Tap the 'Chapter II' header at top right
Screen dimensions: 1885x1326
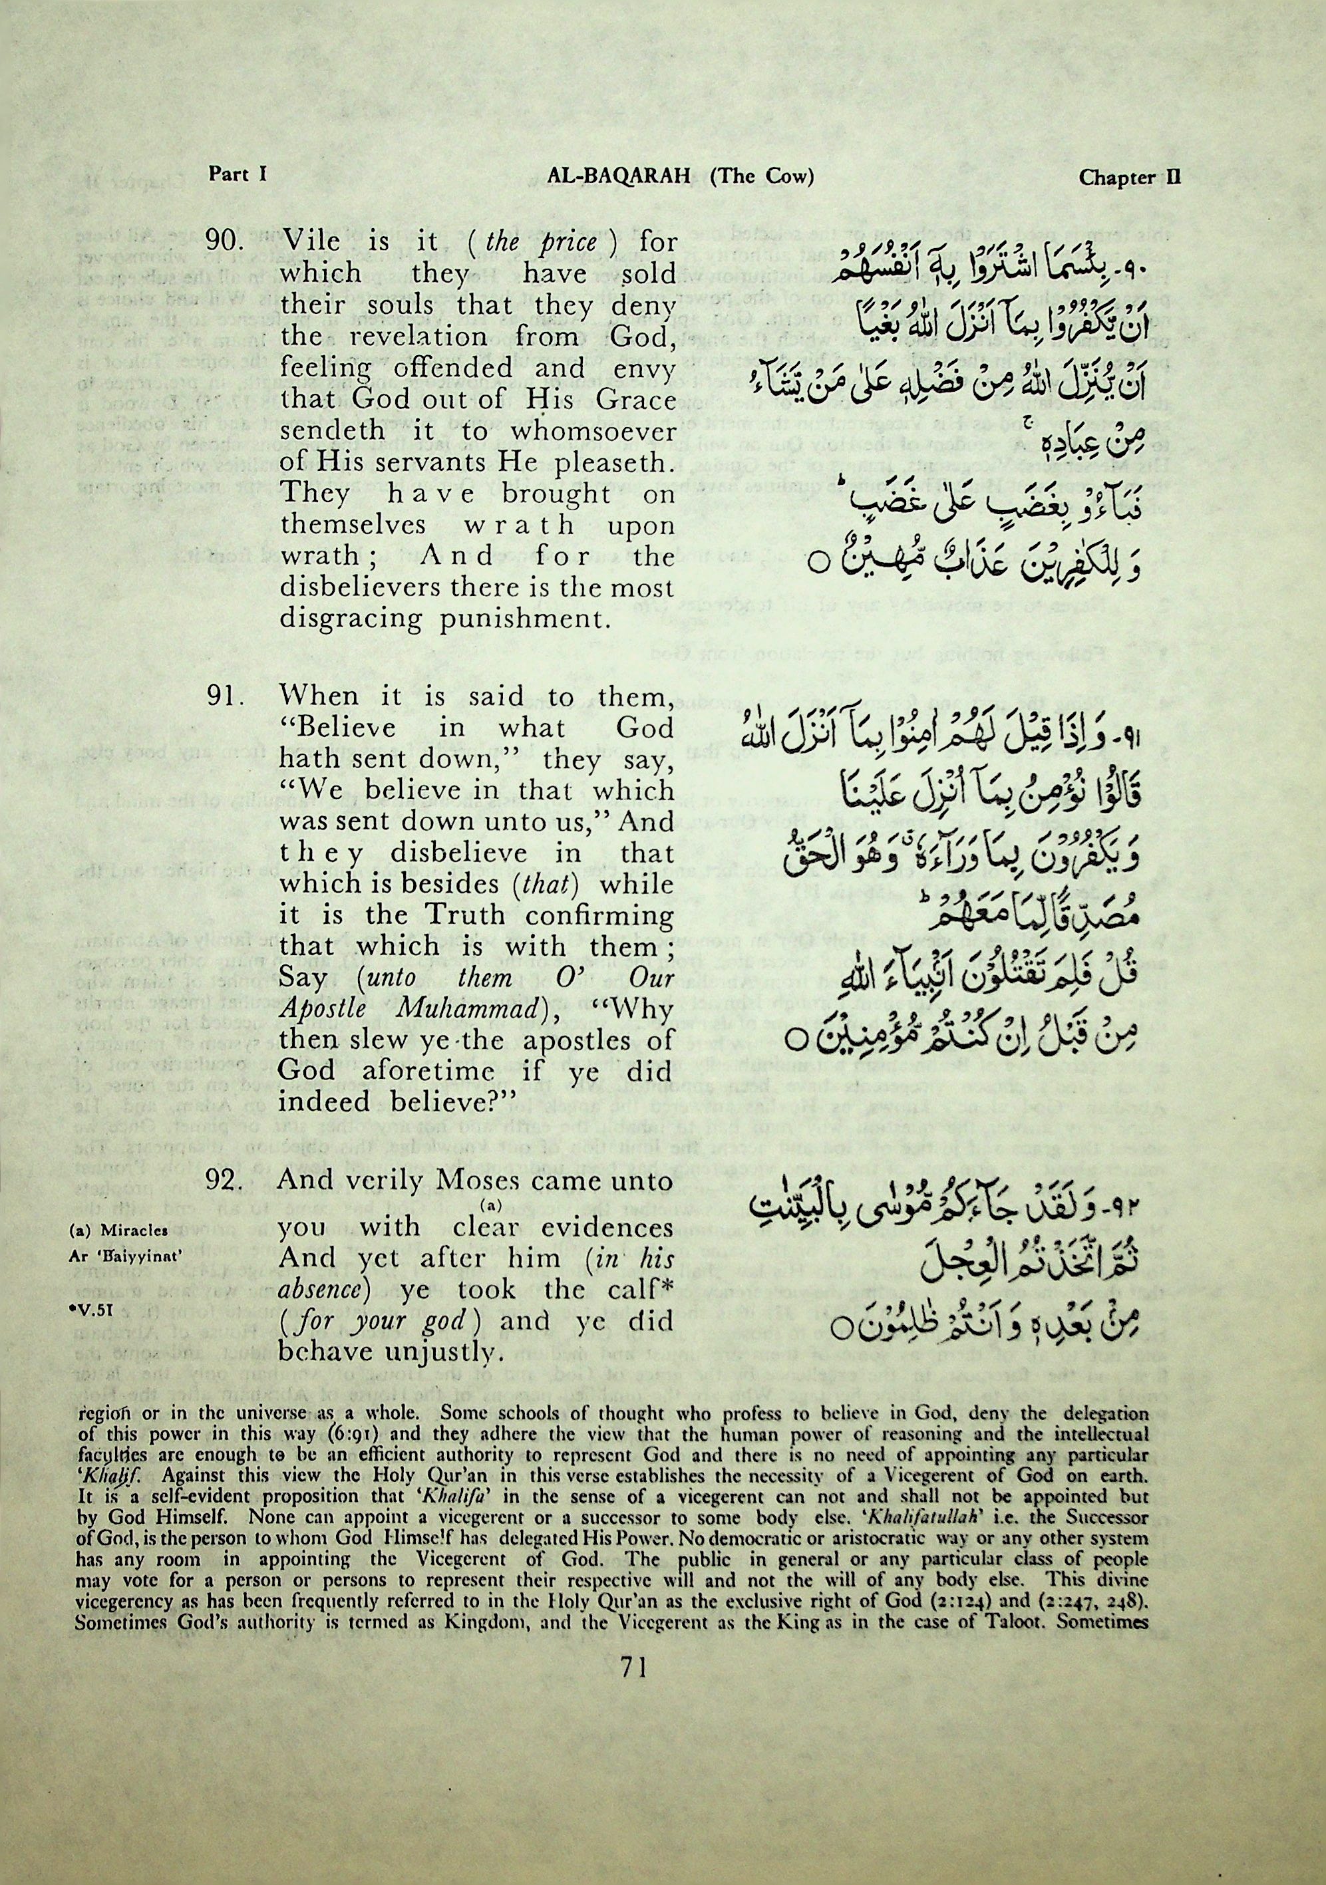(1129, 178)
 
